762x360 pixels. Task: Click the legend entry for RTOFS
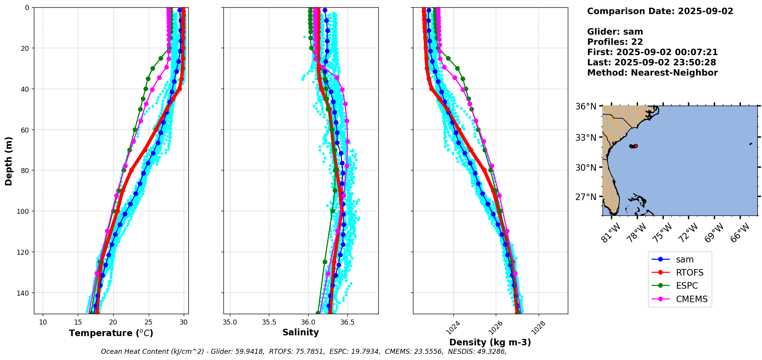click(689, 273)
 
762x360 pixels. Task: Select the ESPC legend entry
click(686, 286)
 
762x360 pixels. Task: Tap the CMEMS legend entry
click(692, 299)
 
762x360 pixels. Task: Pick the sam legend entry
click(685, 260)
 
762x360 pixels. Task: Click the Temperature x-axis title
click(111, 333)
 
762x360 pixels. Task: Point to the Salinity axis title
click(300, 332)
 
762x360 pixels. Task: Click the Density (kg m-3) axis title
click(490, 342)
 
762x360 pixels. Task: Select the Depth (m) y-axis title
click(8, 161)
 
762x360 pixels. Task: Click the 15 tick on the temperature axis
click(78, 322)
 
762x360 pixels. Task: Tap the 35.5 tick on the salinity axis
click(269, 322)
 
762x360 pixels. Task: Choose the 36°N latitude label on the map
click(586, 106)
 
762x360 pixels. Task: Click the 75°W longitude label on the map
click(663, 233)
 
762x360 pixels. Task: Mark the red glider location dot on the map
click(636, 146)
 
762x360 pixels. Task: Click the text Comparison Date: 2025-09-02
click(660, 11)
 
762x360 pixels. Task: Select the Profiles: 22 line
click(615, 42)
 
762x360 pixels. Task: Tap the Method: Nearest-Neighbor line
click(652, 73)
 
